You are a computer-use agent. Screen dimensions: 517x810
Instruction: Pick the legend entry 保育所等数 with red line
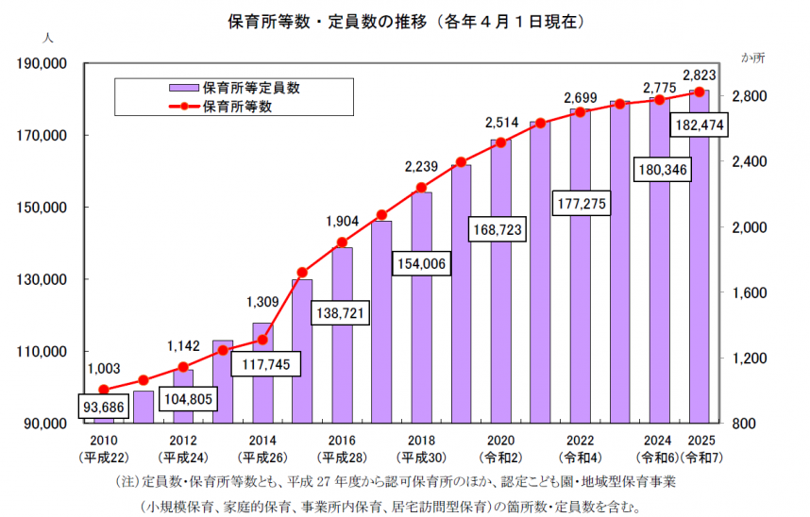point(237,107)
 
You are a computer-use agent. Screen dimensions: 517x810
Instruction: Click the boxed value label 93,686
point(104,407)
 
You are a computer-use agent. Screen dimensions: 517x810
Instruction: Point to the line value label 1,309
point(263,302)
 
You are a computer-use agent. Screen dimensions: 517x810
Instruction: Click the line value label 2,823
point(700,75)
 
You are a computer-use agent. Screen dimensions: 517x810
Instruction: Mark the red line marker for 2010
point(104,390)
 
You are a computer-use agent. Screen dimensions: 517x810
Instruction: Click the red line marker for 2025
point(700,92)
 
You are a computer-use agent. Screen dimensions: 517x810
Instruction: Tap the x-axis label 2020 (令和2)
point(500,447)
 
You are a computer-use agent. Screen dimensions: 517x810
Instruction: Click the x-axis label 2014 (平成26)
point(262,447)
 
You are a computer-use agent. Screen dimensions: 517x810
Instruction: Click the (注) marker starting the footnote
point(126,482)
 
